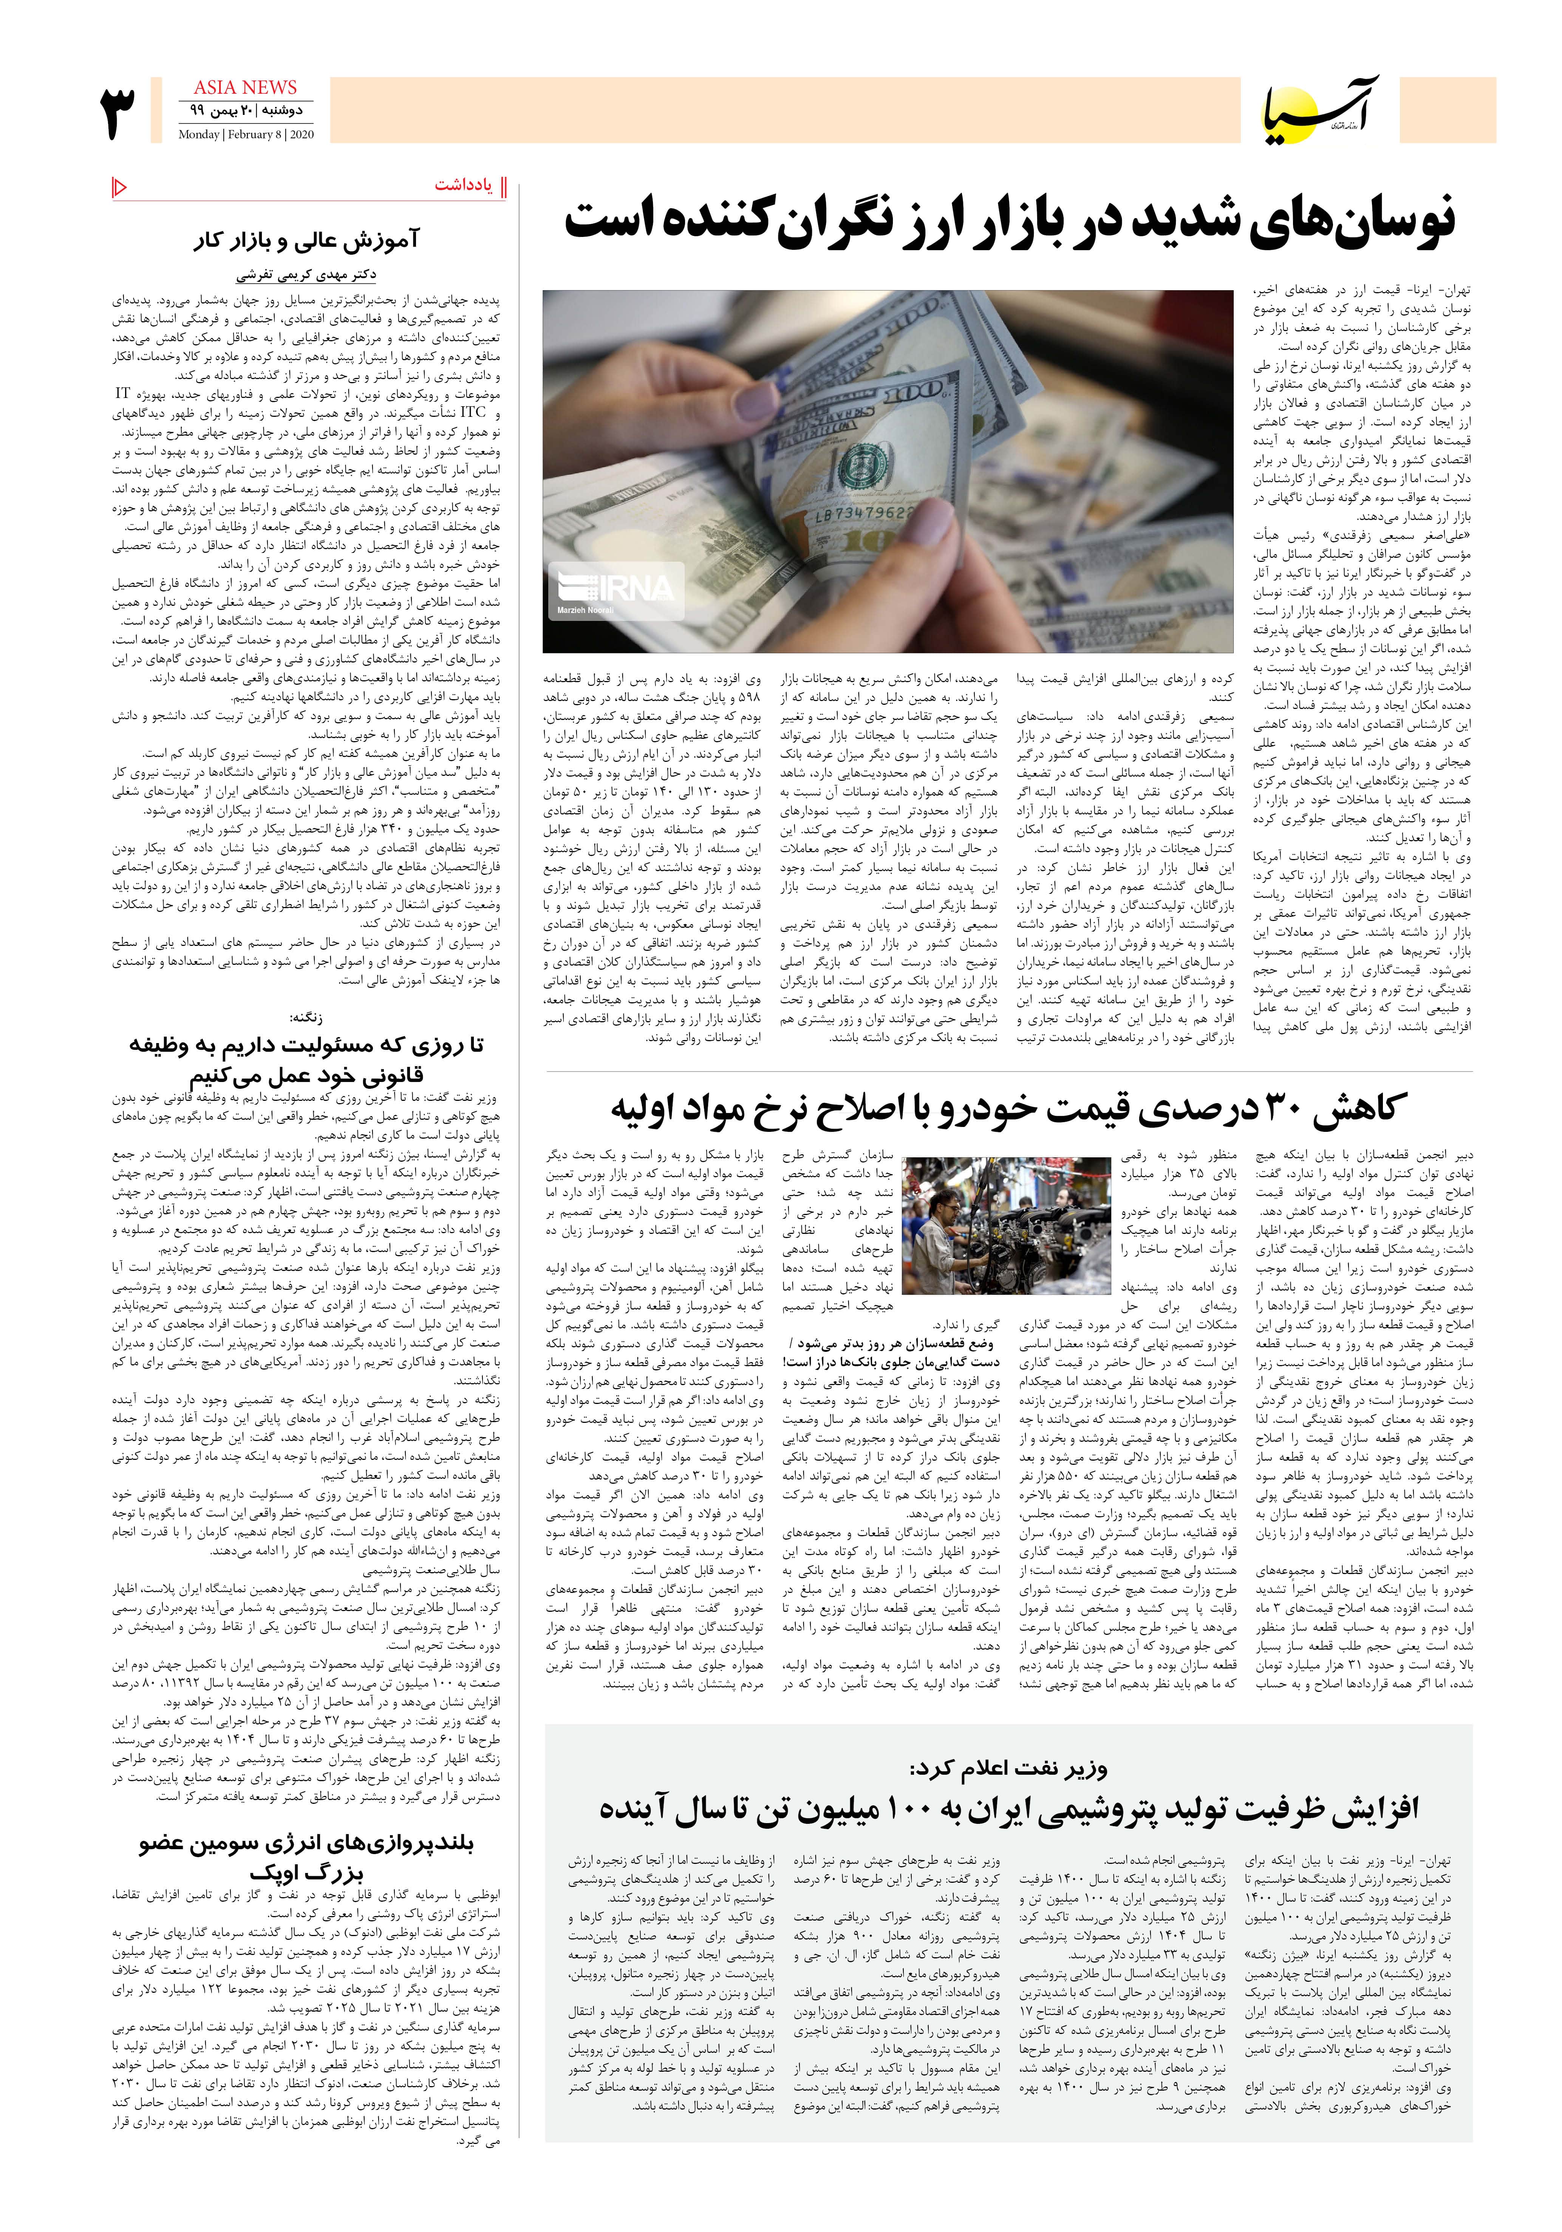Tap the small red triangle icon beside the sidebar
(119, 187)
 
